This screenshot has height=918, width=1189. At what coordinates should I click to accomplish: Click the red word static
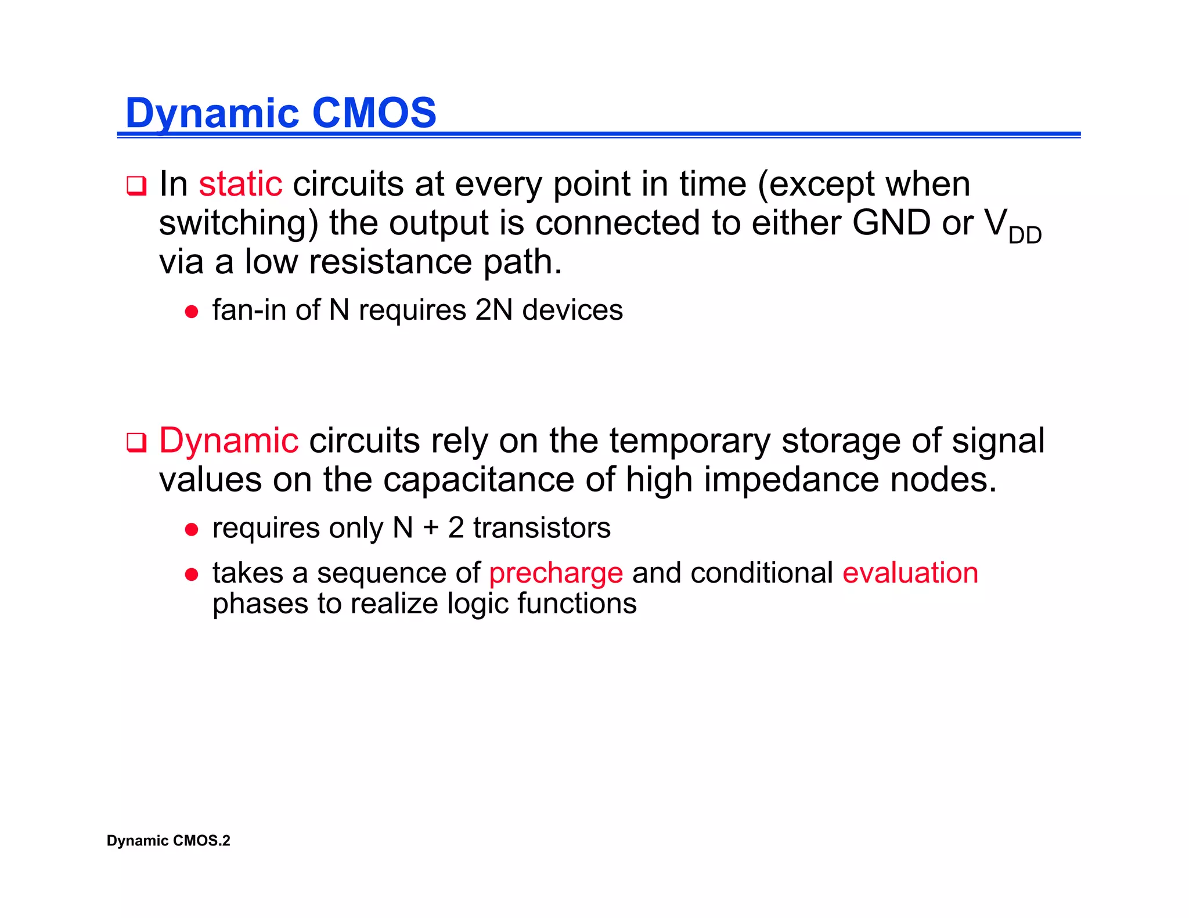pos(240,185)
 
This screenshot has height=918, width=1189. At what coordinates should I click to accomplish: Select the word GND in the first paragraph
pos(891,223)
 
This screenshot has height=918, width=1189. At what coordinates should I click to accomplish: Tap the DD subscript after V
pos(1025,236)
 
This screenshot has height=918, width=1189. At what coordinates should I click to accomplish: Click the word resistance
pos(390,262)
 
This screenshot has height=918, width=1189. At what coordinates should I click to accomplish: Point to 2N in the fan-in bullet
pos(493,310)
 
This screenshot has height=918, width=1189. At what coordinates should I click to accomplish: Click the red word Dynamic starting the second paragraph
pos(229,441)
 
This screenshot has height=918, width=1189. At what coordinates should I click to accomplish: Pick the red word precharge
pos(556,573)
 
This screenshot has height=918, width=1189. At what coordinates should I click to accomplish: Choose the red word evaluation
pos(910,573)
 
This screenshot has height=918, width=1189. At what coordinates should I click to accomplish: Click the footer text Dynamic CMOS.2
pos(168,841)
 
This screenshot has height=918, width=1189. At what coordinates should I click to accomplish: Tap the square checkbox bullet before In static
pos(136,186)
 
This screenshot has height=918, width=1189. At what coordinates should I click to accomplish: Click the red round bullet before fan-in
pos(192,312)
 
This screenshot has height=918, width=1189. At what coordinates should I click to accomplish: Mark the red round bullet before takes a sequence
pos(192,575)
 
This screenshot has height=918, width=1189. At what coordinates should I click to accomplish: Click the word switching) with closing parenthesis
pos(239,224)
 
